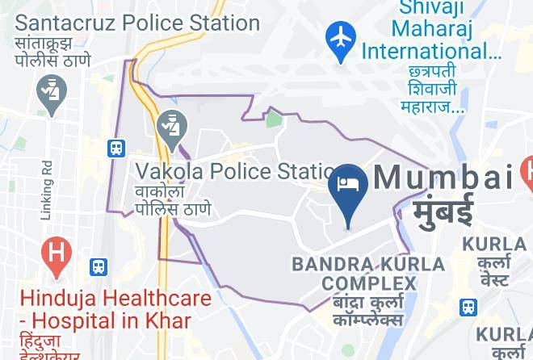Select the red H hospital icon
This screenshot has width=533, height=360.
[56, 252]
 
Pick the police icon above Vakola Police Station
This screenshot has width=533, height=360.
[172, 128]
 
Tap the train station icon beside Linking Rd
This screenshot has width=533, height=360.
[117, 148]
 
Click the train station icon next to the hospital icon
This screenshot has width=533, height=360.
[99, 266]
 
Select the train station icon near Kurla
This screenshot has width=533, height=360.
[468, 307]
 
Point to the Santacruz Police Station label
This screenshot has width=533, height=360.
[137, 23]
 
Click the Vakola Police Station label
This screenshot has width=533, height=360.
[234, 171]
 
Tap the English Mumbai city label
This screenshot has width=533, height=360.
[443, 177]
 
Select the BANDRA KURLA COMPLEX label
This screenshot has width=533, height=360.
[368, 274]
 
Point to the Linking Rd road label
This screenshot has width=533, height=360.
[47, 188]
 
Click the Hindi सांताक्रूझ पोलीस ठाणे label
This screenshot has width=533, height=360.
[53, 52]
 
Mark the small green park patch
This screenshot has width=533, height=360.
[275, 120]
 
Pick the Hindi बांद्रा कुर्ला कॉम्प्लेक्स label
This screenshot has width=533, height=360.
[368, 311]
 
